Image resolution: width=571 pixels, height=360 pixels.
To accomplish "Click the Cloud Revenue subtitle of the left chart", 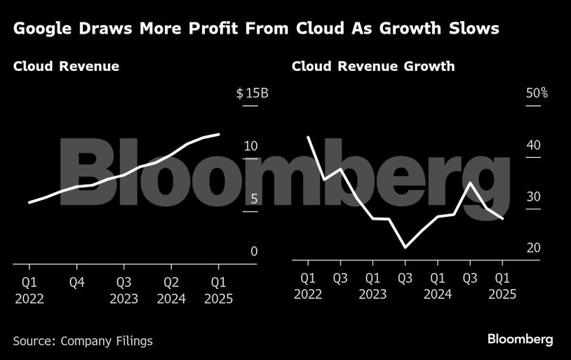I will [66, 67].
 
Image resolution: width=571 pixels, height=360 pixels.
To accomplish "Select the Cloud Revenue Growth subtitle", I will [373, 67].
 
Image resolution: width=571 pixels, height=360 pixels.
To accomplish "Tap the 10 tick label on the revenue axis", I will [250, 146].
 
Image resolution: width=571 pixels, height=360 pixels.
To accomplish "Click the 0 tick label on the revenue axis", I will [254, 251].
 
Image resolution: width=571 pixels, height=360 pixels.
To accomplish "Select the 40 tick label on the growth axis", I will [532, 145].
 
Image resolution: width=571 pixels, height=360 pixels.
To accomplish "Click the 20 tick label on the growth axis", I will [532, 248].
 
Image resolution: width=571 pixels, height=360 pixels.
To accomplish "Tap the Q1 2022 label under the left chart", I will [29, 290].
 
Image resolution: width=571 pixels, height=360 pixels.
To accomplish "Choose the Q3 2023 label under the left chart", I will [123, 290].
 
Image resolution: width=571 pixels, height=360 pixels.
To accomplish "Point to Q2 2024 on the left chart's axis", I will [171, 290].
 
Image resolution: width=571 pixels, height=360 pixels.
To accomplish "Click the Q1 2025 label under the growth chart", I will [502, 286].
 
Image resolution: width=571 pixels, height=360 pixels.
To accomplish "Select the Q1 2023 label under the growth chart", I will [372, 286].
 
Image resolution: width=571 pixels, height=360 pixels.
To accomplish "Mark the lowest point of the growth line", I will [405, 247].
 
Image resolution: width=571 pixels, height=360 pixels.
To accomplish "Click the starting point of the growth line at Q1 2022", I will [309, 137].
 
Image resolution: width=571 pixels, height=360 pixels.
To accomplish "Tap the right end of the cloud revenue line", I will [220, 134].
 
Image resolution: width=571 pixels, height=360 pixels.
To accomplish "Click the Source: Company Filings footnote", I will [83, 341].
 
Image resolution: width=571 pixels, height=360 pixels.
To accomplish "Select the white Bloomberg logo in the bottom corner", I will [520, 340].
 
